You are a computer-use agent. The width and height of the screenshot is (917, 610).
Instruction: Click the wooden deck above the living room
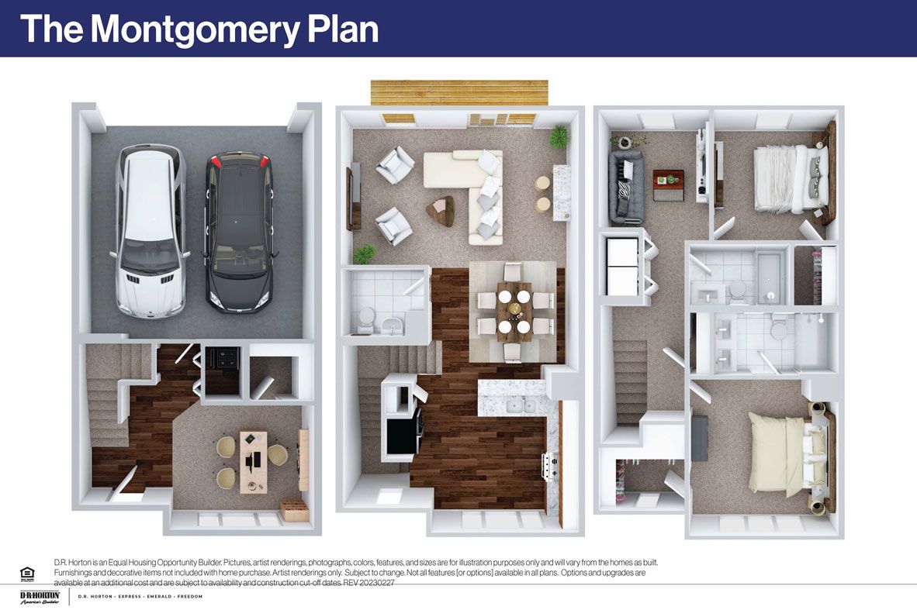[x=458, y=92]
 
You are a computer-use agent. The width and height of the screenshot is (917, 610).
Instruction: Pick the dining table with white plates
[x=514, y=310]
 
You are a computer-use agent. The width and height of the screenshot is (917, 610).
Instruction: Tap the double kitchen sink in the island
[x=518, y=405]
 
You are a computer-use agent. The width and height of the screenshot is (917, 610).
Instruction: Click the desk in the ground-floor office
[x=253, y=462]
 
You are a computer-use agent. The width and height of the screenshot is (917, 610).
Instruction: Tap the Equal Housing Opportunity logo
[x=28, y=573]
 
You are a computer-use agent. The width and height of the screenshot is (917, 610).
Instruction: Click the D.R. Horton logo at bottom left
[x=40, y=597]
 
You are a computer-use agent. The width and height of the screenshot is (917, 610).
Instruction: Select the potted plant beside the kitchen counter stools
[x=559, y=137]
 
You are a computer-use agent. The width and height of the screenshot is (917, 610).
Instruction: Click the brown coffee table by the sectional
[x=441, y=210]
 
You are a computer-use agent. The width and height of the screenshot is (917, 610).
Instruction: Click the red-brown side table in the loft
[x=668, y=184]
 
